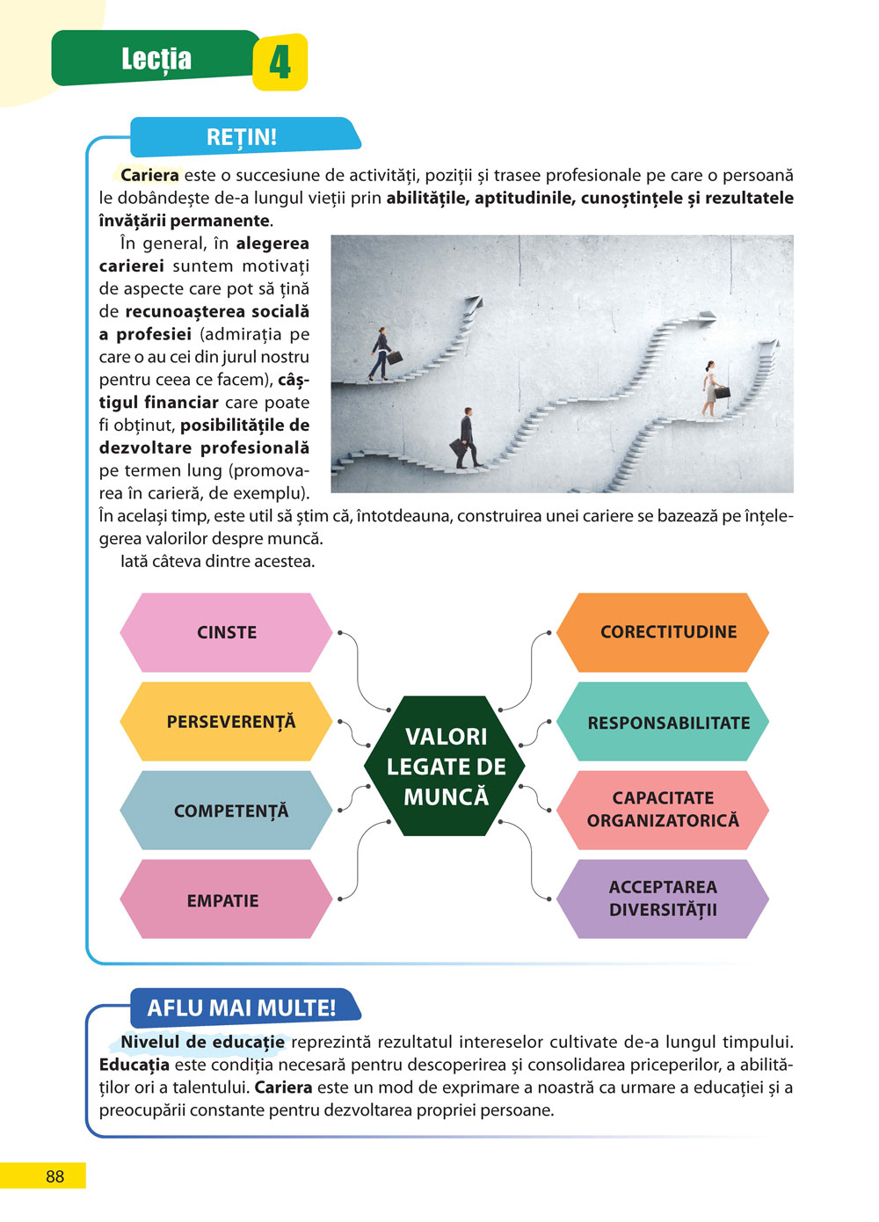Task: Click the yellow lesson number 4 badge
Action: click(x=280, y=62)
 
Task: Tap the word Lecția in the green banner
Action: click(x=156, y=59)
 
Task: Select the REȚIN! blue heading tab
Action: click(x=242, y=137)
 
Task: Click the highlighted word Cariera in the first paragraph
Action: click(x=149, y=175)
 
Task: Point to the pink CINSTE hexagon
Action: click(x=226, y=632)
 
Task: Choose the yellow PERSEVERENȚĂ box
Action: click(x=230, y=722)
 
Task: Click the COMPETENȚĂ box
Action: click(x=230, y=811)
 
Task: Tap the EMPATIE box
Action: click(x=223, y=900)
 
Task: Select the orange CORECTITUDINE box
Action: click(x=667, y=632)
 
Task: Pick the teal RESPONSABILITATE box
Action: click(x=667, y=723)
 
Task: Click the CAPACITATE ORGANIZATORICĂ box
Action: click(x=663, y=810)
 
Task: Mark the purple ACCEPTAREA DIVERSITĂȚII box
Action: click(x=663, y=898)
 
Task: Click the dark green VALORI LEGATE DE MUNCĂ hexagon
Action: click(x=446, y=766)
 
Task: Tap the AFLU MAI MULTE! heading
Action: click(x=242, y=1007)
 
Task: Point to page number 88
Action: click(x=54, y=1176)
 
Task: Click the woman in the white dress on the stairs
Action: click(x=710, y=388)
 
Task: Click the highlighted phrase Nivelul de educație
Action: click(x=202, y=1043)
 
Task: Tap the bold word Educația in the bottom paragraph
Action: click(x=134, y=1065)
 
